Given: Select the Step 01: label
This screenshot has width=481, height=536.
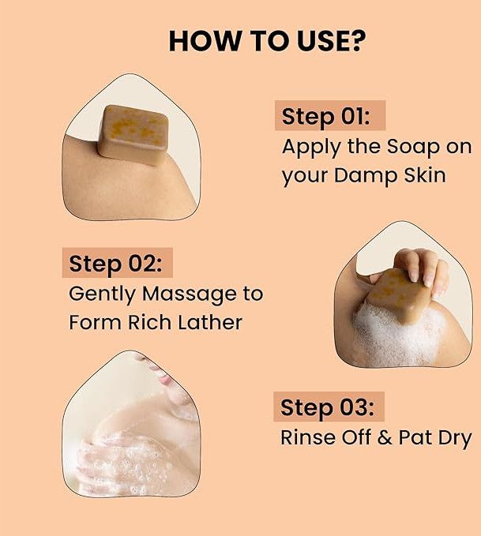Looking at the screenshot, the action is [x=325, y=117].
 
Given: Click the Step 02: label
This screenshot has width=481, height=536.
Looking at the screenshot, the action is [x=115, y=264].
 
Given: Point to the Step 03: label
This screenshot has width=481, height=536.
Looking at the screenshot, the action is [x=327, y=407].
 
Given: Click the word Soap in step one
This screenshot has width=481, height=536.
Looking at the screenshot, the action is [x=413, y=146].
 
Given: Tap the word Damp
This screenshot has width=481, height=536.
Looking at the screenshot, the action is [x=366, y=175].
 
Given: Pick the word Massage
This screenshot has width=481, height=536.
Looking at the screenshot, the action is [x=190, y=294].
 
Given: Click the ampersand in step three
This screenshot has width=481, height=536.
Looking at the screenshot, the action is [x=385, y=437].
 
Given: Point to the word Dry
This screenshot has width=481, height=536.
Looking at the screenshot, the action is [x=455, y=438].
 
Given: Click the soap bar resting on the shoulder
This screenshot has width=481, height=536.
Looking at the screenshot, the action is [x=133, y=134].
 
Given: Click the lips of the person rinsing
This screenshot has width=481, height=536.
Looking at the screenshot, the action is [x=166, y=380].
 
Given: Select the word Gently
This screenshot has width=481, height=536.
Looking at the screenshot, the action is [x=103, y=294].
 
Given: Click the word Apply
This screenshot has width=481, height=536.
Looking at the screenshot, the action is [x=312, y=148].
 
